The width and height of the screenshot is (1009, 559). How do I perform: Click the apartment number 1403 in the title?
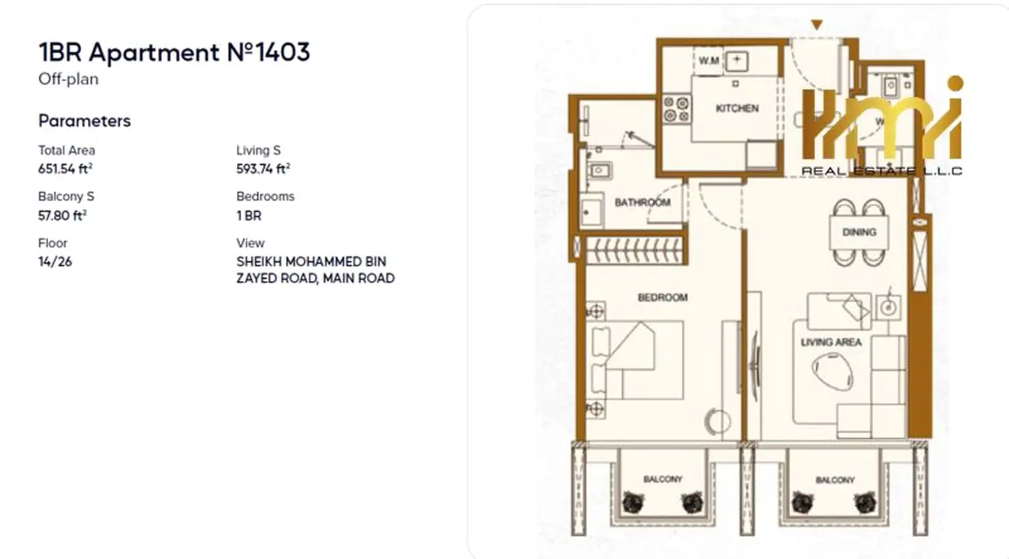[283, 52]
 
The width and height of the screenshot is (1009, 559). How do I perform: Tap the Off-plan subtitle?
[68, 79]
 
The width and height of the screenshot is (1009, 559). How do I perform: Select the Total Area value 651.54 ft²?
[65, 169]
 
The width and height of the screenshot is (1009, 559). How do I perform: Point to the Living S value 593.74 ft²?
[263, 169]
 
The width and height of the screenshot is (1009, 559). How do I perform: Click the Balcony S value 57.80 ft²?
[62, 215]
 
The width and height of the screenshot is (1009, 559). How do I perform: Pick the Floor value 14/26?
[55, 262]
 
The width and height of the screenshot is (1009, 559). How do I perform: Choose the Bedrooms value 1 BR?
[249, 216]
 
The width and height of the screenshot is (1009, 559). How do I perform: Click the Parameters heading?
[85, 121]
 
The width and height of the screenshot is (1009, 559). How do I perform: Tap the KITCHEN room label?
[737, 108]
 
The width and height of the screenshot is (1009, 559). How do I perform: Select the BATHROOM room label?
[642, 202]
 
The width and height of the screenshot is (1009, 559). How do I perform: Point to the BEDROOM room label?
[662, 297]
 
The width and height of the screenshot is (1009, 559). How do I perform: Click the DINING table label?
[859, 232]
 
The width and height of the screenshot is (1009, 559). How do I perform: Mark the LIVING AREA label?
[831, 342]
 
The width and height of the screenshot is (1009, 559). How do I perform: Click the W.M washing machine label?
[709, 60]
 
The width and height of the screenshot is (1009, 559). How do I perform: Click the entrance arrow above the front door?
[817, 24]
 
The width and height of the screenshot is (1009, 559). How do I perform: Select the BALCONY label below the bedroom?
[662, 479]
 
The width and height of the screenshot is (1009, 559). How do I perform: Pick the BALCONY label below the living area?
[835, 480]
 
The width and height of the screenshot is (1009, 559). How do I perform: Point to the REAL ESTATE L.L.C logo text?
[882, 171]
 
